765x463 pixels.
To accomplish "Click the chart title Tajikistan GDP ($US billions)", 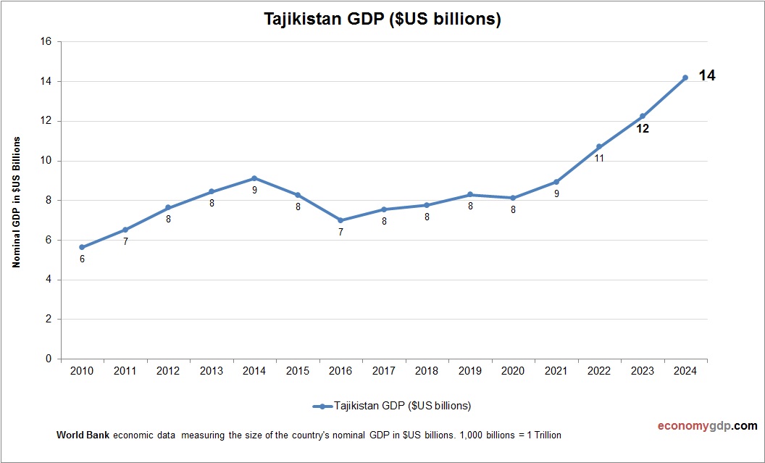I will tap(382, 20).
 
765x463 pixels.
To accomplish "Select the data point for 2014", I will tap(254, 178).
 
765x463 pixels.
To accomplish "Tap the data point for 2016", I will tap(340, 220).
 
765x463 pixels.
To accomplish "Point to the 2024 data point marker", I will tap(685, 78).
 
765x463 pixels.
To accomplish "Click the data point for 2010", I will tap(82, 247).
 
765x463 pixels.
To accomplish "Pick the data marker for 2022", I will tap(599, 146).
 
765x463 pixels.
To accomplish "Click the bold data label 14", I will tap(707, 75).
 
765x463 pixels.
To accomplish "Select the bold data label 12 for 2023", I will tap(642, 129).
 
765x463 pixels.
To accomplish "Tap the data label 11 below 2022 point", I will tap(599, 158).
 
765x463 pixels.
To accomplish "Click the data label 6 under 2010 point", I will tap(82, 259).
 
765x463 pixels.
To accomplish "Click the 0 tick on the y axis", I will tap(49, 359).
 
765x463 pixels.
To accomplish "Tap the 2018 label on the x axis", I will tap(427, 371).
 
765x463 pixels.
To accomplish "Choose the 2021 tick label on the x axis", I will tap(556, 371).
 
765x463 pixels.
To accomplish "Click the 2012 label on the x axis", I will tap(168, 371).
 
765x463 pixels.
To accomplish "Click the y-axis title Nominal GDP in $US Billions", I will tap(16, 201).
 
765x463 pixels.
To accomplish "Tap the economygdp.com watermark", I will tap(697, 426).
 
